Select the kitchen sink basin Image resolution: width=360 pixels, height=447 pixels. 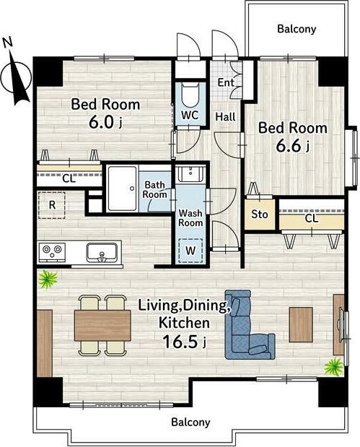pos(102,252)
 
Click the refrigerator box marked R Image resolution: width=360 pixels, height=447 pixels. pos(52,205)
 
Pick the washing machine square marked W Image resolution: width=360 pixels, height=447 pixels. pos(190,251)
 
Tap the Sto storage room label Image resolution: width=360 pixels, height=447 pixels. pos(260,214)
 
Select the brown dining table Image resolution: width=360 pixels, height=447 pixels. pos(102,326)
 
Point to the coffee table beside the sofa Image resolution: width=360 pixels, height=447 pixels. pos(301,324)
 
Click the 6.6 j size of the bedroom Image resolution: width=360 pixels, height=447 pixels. pos(292,146)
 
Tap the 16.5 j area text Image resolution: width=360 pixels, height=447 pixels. pos(184,342)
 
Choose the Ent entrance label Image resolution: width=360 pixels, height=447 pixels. pos(226,82)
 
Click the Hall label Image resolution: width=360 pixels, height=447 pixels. pos(226,117)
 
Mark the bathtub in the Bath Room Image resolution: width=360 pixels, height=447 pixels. pos(122,188)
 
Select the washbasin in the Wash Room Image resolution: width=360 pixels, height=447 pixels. pos(190,173)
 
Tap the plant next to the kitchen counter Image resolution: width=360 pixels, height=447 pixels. pos(48,279)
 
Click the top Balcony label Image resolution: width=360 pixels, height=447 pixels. pos(297,29)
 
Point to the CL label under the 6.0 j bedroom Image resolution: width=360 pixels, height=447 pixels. pos(69,179)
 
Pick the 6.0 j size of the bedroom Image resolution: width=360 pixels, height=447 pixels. pos(105,122)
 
